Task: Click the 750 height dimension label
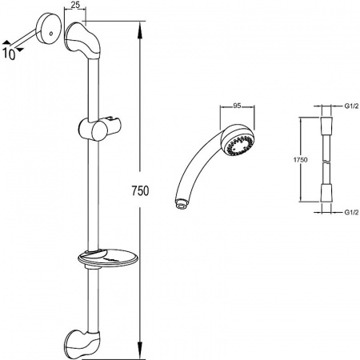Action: [x=140, y=190]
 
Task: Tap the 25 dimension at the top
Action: [x=75, y=5]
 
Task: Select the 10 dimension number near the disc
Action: [x=9, y=54]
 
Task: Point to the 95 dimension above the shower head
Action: [x=237, y=106]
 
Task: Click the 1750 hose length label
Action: [x=300, y=160]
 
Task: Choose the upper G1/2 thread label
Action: [x=351, y=106]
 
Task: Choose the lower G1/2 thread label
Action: [x=351, y=212]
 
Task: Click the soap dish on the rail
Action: [x=108, y=258]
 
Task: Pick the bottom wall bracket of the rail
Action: [x=82, y=343]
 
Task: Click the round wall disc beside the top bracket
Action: [x=49, y=28]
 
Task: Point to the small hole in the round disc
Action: [x=50, y=34]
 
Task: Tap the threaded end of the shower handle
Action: [x=182, y=204]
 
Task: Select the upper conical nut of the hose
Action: [x=326, y=126]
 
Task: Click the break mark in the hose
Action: [x=326, y=162]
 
